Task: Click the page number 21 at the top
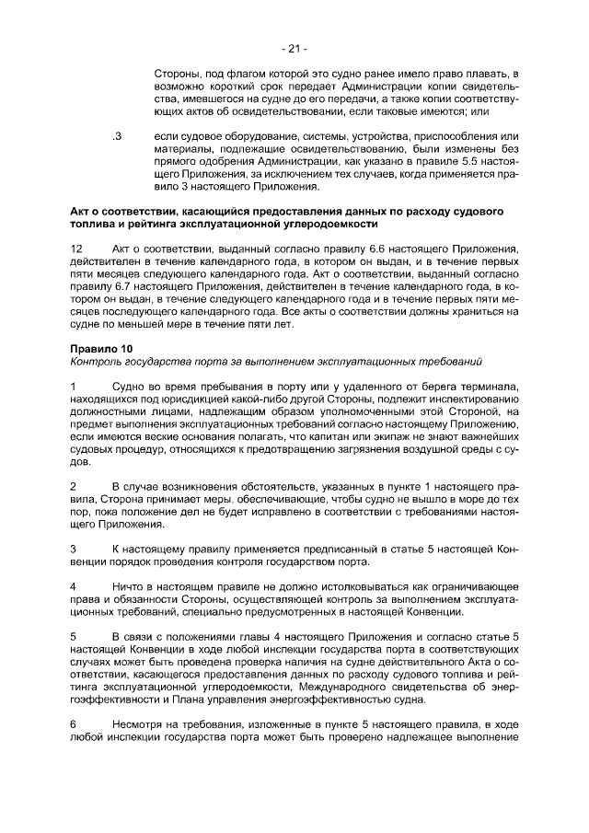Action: [x=294, y=48]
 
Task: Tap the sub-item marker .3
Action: [x=117, y=136]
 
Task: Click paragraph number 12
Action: [x=76, y=249]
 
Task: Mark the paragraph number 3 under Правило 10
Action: [x=74, y=549]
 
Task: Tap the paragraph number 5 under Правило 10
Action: [x=74, y=636]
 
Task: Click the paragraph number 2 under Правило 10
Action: [x=74, y=485]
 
